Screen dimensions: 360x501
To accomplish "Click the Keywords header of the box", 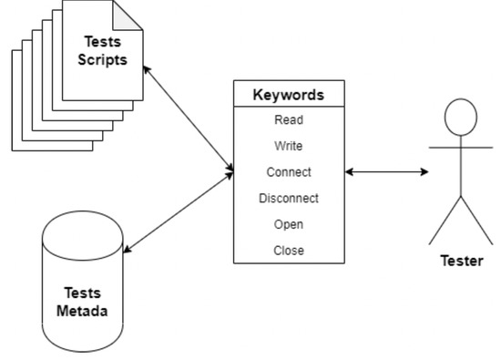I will tap(288, 94).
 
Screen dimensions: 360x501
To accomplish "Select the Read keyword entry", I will tap(288, 119).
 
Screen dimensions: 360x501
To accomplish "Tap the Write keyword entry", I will tap(288, 146).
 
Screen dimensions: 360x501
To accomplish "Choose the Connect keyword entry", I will tap(288, 171).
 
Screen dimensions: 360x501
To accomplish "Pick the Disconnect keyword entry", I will tap(288, 198).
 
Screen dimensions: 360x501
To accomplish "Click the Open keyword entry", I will tap(288, 224).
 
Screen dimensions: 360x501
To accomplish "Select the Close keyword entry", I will tap(288, 251).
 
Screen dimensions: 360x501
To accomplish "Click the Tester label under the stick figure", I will tap(461, 261).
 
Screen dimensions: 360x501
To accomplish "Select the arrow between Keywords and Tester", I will tap(386, 171).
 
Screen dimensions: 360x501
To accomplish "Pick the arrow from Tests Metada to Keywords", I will tap(179, 211).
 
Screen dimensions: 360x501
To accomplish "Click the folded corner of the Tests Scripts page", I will tap(128, 14).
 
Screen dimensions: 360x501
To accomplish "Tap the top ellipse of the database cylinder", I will tap(82, 235).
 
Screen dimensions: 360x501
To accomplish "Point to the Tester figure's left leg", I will tap(445, 222).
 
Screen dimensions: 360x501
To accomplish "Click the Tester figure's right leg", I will tap(476, 222).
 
